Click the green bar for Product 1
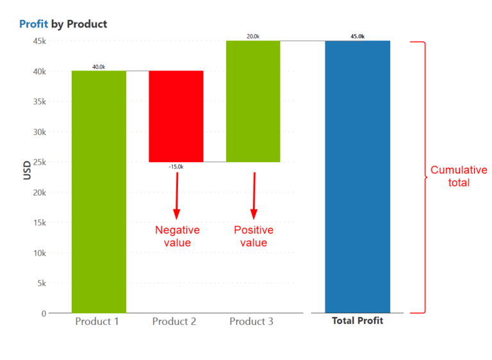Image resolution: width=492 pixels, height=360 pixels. tap(99, 192)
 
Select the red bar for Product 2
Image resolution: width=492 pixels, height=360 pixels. tap(176, 116)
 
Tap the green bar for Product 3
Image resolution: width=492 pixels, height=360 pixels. tap(253, 101)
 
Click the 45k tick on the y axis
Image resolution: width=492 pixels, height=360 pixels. tap(39, 41)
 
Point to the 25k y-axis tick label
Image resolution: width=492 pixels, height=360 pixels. tap(39, 162)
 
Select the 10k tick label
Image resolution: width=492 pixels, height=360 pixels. tap(39, 253)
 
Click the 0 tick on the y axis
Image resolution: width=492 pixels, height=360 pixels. tap(44, 313)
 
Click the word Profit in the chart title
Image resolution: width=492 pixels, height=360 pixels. tap(33, 24)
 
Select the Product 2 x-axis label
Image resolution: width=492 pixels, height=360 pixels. tap(174, 322)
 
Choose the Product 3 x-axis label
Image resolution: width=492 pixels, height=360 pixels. tap(251, 322)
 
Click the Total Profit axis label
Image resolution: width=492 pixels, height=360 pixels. tap(357, 320)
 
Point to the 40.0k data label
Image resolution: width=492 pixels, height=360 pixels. tap(99, 67)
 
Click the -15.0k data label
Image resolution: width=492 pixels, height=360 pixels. tap(176, 167)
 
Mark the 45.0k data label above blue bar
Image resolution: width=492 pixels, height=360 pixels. tap(357, 37)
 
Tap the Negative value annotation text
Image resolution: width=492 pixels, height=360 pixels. tap(177, 236)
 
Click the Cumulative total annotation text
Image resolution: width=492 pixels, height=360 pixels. tap(459, 176)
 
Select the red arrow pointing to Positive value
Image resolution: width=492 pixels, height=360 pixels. tap(254, 195)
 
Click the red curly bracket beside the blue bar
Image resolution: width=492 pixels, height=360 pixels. tap(424, 177)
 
